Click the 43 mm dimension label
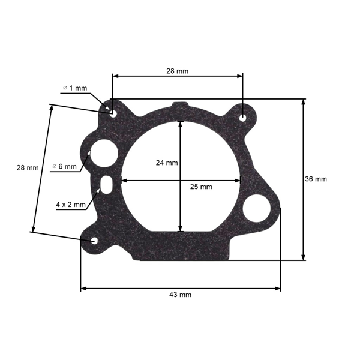[181, 295]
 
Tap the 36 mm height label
[316, 179]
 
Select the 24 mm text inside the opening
[167, 163]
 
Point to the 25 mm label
[201, 187]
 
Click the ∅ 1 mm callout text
[75, 88]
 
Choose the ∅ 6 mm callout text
[65, 166]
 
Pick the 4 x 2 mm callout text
[71, 205]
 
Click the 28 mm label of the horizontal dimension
[178, 71]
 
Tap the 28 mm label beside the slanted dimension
[27, 168]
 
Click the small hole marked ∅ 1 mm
[112, 111]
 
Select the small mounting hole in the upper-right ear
[242, 118]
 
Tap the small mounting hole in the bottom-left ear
[95, 241]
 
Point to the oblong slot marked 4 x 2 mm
[107, 183]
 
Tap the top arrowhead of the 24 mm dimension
[181, 124]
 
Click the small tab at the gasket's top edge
[179, 106]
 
